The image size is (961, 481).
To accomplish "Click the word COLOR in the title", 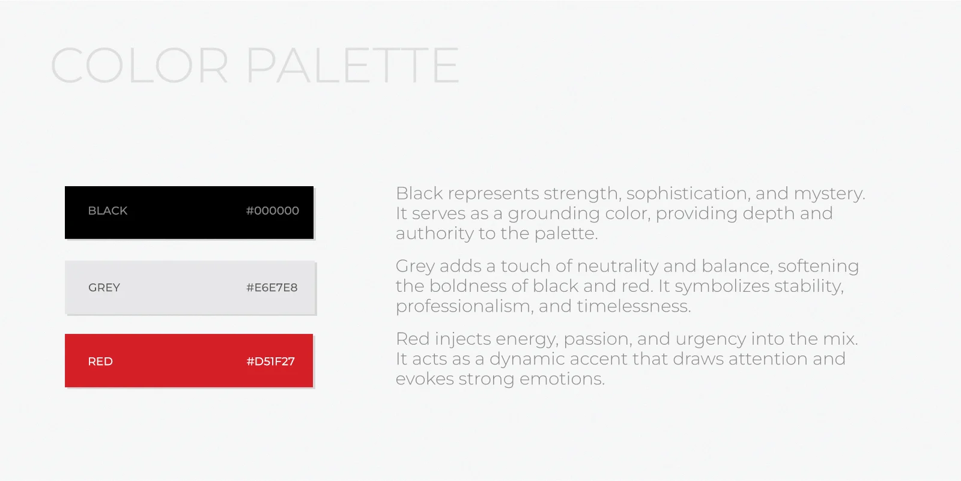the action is pos(139,65).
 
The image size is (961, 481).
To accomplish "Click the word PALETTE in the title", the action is pos(353,65).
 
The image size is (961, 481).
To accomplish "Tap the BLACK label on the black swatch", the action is pos(108,211).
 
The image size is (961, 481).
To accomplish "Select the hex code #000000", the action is pos(273,211).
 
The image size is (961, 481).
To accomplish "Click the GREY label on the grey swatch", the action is pos(105,288).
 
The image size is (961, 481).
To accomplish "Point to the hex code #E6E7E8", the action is pos(272,288).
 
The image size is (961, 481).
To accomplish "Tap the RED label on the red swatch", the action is pos(100,362).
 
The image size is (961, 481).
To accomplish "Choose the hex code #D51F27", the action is pos(271,362).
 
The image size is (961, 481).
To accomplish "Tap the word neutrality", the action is pos(617,267).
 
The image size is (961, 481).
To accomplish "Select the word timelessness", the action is pos(634,306).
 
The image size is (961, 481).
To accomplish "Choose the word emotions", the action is pos(562,380).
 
